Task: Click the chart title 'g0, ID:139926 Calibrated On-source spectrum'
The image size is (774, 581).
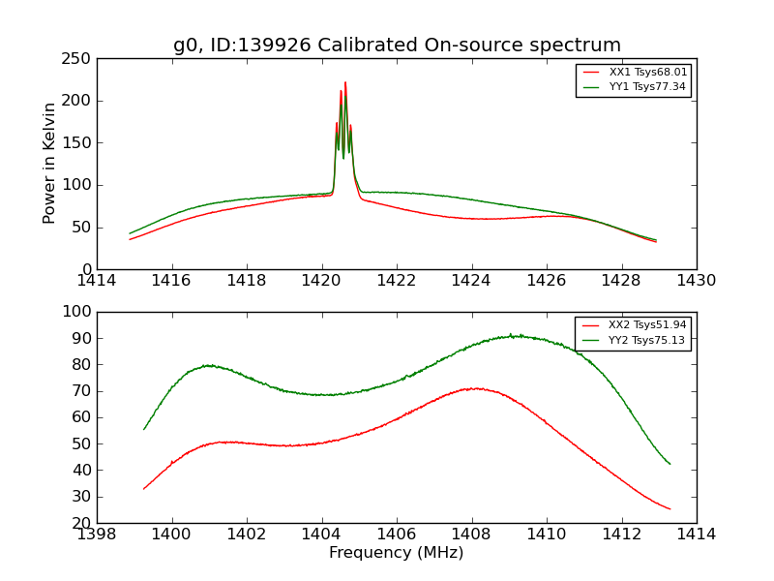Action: click(x=397, y=46)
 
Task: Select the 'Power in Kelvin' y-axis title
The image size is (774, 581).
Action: click(x=49, y=163)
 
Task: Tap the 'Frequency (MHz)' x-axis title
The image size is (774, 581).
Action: click(x=396, y=553)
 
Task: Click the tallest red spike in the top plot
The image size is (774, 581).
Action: click(x=345, y=83)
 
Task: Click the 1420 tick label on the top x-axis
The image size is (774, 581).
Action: click(x=321, y=280)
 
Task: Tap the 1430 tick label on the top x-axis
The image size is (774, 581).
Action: click(x=696, y=280)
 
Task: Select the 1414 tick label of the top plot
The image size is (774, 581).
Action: click(x=97, y=280)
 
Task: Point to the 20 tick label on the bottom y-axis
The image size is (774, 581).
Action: click(x=81, y=524)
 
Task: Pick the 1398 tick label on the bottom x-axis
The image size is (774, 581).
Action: click(x=97, y=534)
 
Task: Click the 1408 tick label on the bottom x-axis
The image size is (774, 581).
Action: click(x=471, y=534)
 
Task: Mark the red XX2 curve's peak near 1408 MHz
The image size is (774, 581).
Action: click(x=474, y=388)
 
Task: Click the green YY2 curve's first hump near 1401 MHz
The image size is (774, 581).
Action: click(x=208, y=365)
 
